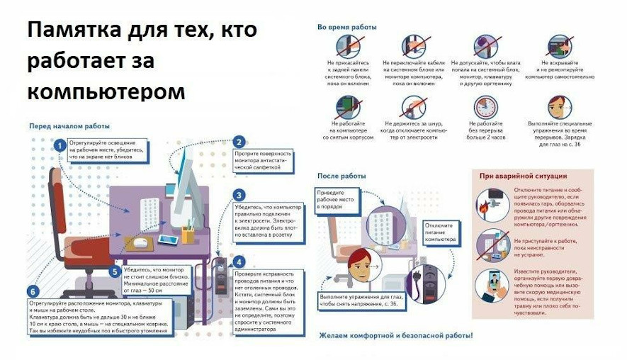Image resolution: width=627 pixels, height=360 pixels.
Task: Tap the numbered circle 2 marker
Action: pos(239,142)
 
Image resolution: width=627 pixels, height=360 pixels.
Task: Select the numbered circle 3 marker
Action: pos(239,196)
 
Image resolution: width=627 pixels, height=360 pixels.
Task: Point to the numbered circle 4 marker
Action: pos(239,261)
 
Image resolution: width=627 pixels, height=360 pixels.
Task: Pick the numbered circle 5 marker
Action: pos(114,271)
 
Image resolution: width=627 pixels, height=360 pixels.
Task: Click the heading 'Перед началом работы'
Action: pos(69,126)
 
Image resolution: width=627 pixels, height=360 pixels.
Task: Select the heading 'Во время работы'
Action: pos(346,27)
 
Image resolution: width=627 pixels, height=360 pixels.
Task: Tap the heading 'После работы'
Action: pos(341,175)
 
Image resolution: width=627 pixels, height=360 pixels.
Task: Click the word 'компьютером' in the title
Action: pos(106,92)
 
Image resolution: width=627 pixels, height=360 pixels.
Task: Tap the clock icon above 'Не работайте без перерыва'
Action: pos(486,107)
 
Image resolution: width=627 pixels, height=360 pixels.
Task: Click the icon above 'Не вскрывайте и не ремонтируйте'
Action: pos(560,46)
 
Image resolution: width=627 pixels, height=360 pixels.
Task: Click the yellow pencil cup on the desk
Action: pos(188,235)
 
